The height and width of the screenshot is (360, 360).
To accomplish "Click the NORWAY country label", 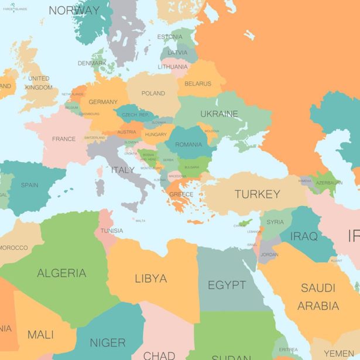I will click(x=74, y=11).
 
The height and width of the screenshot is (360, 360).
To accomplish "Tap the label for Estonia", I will click(x=170, y=37).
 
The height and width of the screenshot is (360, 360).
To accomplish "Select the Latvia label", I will click(x=177, y=52).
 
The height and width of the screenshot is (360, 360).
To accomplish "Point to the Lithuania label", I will click(x=172, y=67).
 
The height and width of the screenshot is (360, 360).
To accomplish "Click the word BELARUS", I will click(x=197, y=84).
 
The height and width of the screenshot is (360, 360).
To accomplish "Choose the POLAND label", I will click(x=153, y=94).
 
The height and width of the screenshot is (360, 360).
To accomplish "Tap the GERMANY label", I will click(x=103, y=102).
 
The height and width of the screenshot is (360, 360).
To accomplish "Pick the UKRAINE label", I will click(x=219, y=114).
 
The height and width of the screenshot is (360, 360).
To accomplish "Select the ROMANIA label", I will click(x=188, y=145).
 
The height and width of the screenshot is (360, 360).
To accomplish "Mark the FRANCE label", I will click(x=64, y=139).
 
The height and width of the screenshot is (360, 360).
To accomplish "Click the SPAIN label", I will click(x=29, y=185).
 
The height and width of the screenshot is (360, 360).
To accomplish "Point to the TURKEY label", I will click(x=257, y=194).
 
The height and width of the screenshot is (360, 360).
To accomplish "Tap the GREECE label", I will click(x=181, y=194).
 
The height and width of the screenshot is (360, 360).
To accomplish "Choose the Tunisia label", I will click(x=111, y=231).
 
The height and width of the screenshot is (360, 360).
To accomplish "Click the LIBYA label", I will click(x=150, y=279).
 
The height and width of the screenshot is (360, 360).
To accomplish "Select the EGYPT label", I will click(x=227, y=285).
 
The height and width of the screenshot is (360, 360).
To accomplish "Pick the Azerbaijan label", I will click(x=330, y=183).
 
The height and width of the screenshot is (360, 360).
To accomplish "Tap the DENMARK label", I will click(x=92, y=63).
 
